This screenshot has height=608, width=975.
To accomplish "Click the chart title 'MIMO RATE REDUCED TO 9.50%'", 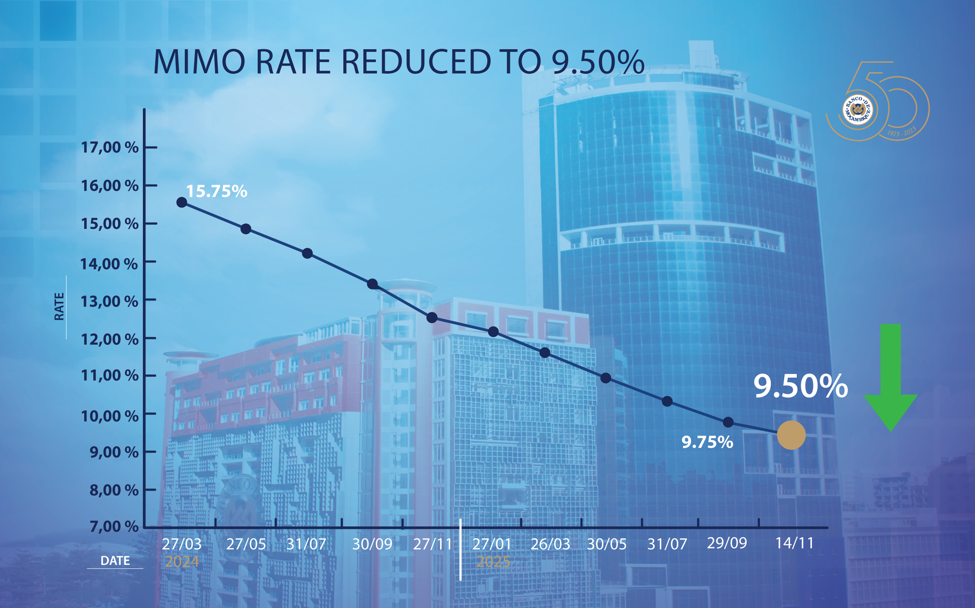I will [x=398, y=62].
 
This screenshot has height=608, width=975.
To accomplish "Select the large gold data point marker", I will [x=791, y=435].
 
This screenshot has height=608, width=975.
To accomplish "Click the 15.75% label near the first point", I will [x=216, y=191].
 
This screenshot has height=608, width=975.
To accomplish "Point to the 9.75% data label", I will [x=707, y=442].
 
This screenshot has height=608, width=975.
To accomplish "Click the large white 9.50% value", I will [x=800, y=386].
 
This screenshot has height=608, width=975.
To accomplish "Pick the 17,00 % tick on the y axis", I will [x=110, y=148].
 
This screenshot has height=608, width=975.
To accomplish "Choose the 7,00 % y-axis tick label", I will [x=114, y=526].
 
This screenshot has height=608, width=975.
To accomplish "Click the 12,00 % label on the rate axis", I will [x=110, y=339].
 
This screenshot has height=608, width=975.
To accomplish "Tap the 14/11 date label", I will [x=794, y=543].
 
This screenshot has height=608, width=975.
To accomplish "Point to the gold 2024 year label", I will [x=182, y=561].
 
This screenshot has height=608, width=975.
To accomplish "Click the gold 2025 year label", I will [x=493, y=561].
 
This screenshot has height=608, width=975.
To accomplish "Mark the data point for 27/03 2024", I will [x=182, y=202].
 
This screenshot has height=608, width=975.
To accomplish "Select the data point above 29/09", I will [x=728, y=422].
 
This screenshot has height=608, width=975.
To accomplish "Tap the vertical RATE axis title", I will [x=59, y=307].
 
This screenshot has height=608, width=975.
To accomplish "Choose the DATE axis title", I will [x=115, y=561].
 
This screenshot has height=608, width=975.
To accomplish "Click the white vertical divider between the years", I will [x=460, y=549].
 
